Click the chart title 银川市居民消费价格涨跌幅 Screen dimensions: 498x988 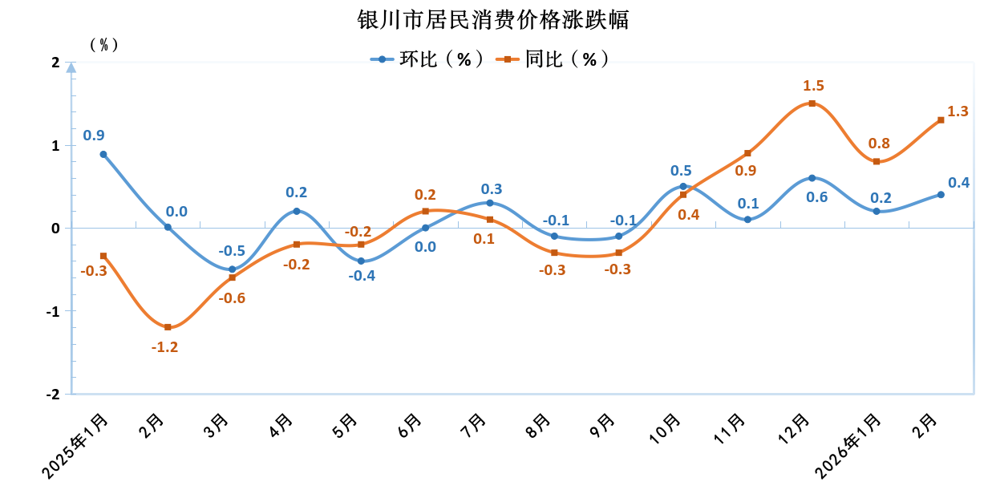tap(493, 19)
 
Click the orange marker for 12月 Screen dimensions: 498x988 tap(812, 103)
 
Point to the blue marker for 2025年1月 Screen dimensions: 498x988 tap(103, 154)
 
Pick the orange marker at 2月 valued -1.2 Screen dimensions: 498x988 tap(168, 327)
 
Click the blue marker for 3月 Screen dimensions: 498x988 tap(233, 269)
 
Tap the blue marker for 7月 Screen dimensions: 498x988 tap(490, 203)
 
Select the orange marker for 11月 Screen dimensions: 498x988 tap(747, 153)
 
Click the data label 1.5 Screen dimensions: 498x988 tap(813, 86)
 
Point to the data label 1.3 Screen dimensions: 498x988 tap(958, 111)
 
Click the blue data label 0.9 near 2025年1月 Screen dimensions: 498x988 tap(94, 136)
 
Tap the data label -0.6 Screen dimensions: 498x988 tap(233, 298)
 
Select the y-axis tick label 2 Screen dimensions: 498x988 tap(55, 63)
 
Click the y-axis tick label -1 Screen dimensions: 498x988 tap(53, 311)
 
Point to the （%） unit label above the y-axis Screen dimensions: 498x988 tap(103, 45)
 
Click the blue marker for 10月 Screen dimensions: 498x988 tap(683, 186)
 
